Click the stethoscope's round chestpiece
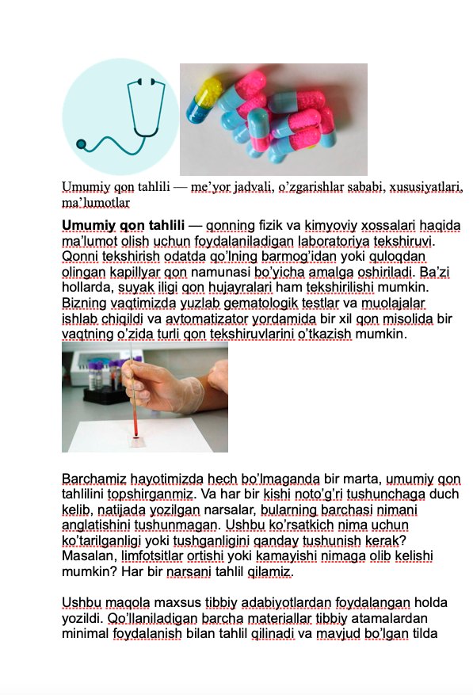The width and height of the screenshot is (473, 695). click(80, 144)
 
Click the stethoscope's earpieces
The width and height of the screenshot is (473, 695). click(145, 81)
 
